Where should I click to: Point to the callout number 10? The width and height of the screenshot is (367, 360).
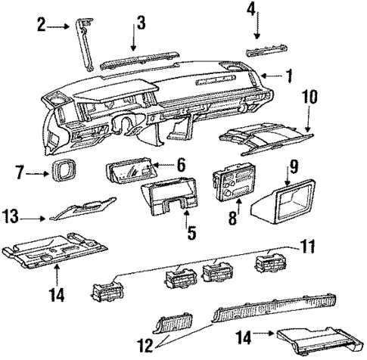(x=310, y=99)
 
